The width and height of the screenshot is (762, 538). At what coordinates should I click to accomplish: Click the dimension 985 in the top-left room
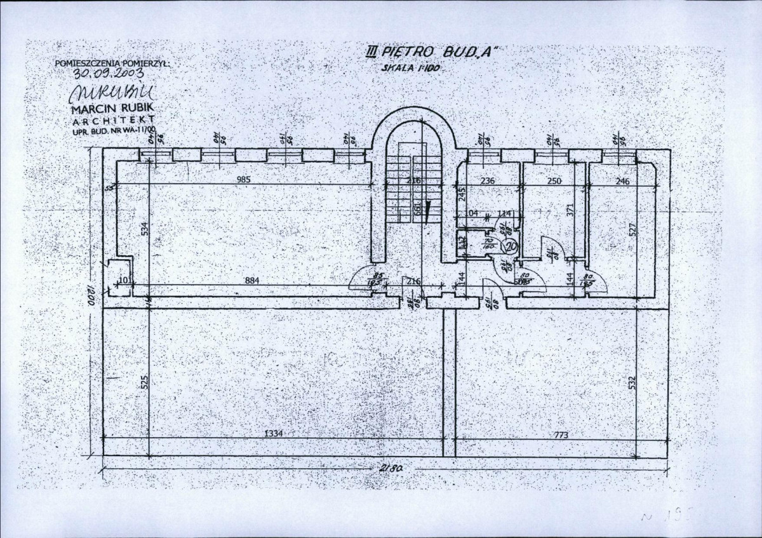click(244, 180)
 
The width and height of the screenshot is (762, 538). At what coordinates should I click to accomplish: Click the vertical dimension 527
click(648, 231)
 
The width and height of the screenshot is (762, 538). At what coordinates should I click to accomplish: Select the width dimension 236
click(487, 181)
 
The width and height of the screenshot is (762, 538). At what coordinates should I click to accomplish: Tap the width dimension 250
click(554, 181)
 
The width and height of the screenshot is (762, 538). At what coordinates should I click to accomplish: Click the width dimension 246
click(622, 181)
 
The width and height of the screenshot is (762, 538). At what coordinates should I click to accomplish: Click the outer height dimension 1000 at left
click(91, 297)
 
